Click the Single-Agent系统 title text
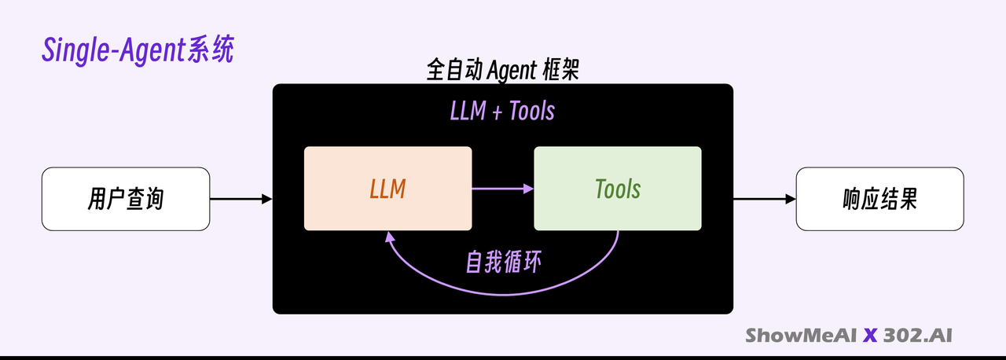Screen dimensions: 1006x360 138,50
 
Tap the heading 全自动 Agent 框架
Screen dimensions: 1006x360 502,70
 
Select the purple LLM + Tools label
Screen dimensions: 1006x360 502,111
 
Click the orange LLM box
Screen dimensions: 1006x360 388,189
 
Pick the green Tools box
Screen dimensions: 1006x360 618,189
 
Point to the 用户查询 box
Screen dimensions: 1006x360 126,199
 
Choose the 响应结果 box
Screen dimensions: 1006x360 879,199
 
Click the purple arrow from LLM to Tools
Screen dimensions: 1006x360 503,189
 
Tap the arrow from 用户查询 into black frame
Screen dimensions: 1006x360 241,199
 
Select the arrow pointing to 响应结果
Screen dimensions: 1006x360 765,199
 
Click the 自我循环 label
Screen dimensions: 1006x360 504,262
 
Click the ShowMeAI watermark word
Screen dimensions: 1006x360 801,336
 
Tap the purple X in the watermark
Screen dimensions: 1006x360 870,336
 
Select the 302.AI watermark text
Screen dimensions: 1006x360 917,336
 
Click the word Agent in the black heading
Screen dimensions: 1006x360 512,71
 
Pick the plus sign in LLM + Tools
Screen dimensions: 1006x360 497,112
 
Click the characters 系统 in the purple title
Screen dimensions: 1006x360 210,50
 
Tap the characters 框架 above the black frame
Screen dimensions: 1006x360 561,70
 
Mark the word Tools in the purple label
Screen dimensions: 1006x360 532,111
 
